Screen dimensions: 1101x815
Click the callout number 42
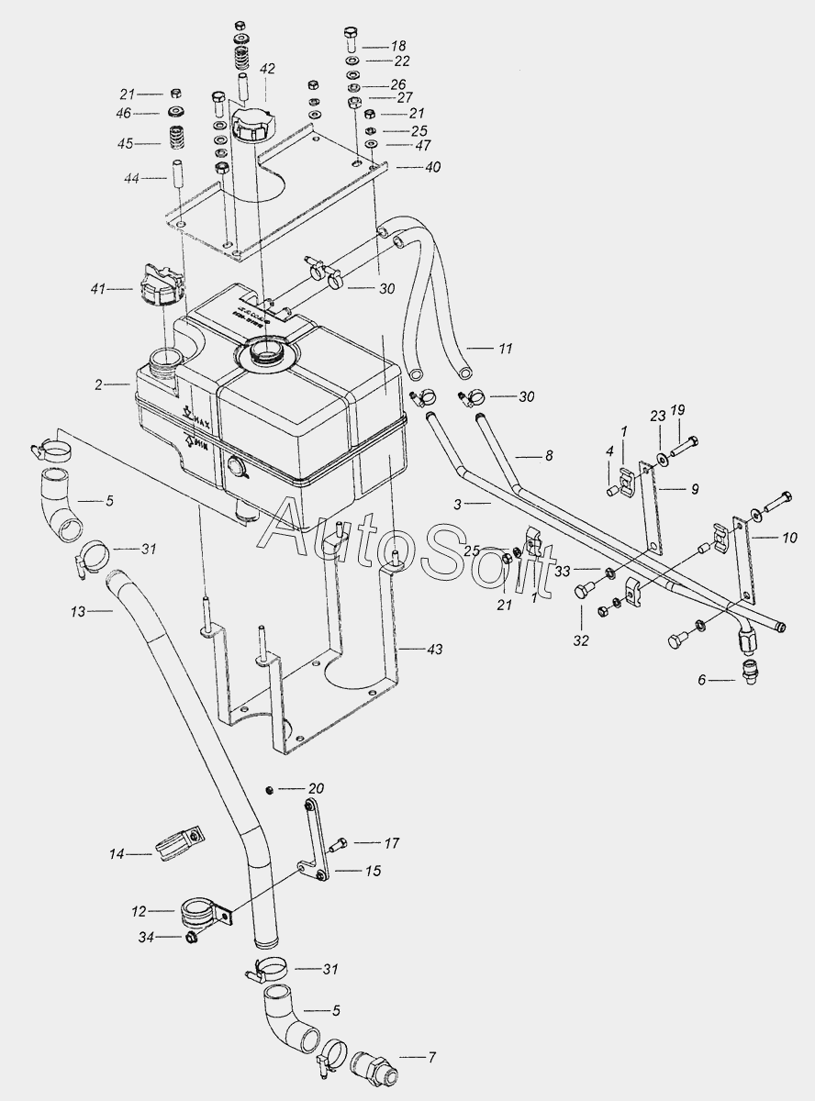click(266, 68)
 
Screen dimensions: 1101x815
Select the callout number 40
click(432, 168)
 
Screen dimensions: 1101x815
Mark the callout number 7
click(430, 1058)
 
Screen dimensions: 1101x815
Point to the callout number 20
click(316, 788)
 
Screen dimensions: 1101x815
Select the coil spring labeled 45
click(174, 142)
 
